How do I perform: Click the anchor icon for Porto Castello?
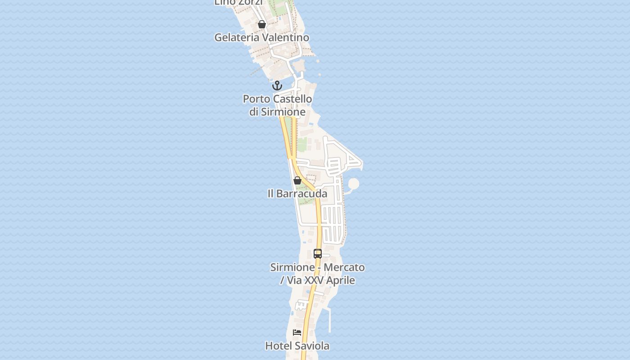click(277, 85)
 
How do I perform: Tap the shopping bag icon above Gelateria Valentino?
click(262, 24)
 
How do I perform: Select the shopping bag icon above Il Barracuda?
click(297, 180)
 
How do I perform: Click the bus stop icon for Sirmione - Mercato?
click(318, 254)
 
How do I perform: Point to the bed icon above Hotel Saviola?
click(297, 333)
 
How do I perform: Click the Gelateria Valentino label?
click(261, 37)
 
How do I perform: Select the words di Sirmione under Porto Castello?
click(277, 112)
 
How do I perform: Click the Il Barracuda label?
click(297, 193)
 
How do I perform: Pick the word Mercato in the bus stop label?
click(344, 267)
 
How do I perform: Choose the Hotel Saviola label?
click(297, 346)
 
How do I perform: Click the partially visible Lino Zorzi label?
click(238, 3)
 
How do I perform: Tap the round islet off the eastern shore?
click(354, 184)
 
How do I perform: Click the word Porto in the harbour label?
click(256, 99)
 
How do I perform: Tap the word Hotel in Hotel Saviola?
click(277, 346)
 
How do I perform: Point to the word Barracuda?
click(302, 193)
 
